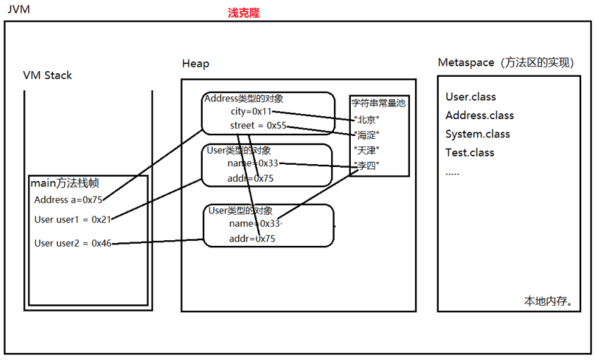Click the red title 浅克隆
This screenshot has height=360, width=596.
pyautogui.click(x=244, y=13)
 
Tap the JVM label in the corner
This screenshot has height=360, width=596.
pyautogui.click(x=18, y=9)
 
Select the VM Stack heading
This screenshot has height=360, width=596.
pyautogui.click(x=47, y=75)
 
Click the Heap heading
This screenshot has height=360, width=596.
pyautogui.click(x=196, y=63)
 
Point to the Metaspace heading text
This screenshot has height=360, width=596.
pyautogui.click(x=506, y=62)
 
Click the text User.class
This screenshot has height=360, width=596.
pyautogui.click(x=471, y=97)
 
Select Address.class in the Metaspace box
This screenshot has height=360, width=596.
pyautogui.click(x=480, y=115)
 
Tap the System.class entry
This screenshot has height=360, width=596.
pyautogui.click(x=478, y=134)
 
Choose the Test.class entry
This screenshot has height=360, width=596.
pyautogui.click(x=470, y=152)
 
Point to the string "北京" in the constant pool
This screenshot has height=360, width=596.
pyautogui.click(x=366, y=120)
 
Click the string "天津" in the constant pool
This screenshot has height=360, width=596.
pyautogui.click(x=366, y=151)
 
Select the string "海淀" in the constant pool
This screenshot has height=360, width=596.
pyautogui.click(x=366, y=135)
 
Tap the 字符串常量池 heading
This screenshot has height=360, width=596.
pyautogui.click(x=378, y=103)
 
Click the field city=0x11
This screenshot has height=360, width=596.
pyautogui.click(x=252, y=111)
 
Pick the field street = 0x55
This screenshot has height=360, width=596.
pyautogui.click(x=258, y=125)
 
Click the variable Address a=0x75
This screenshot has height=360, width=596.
pyautogui.click(x=68, y=200)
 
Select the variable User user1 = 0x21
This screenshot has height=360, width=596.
pyautogui.click(x=73, y=220)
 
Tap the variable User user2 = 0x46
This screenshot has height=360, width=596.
pyautogui.click(x=73, y=243)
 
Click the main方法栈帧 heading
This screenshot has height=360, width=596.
pyautogui.click(x=65, y=183)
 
